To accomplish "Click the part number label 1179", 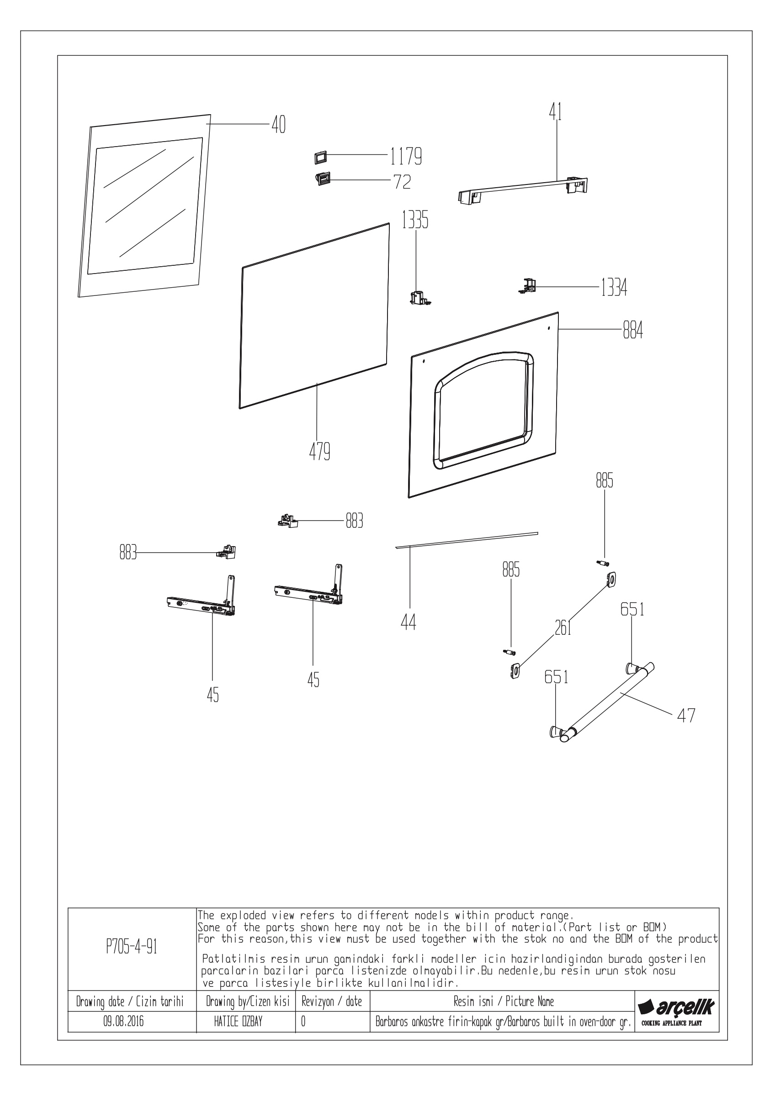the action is tap(406, 156).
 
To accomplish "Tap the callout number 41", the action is tap(555, 112).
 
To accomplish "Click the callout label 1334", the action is tap(614, 288).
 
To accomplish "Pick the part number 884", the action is tap(633, 330).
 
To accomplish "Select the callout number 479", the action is tap(319, 452).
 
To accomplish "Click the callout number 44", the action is tap(409, 622).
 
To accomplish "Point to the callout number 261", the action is tap(563, 628).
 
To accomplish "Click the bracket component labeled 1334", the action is tap(527, 286).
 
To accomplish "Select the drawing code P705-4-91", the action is tap(132, 947).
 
